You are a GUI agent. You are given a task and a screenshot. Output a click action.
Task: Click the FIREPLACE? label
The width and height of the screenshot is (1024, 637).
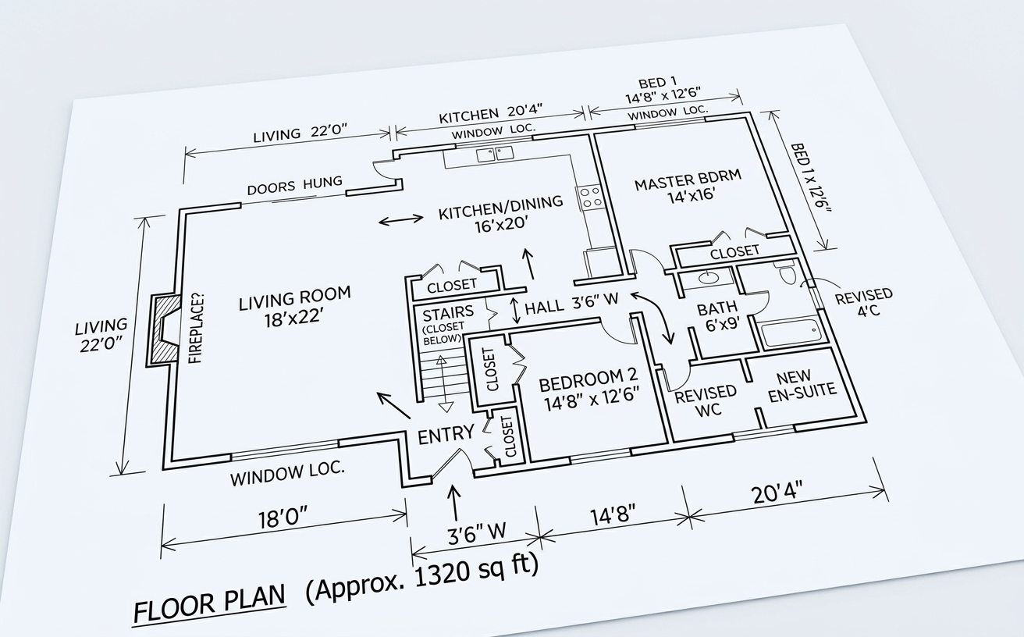pyautogui.click(x=197, y=328)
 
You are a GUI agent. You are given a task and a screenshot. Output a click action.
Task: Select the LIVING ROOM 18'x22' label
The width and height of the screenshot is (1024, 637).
pyautogui.click(x=293, y=306)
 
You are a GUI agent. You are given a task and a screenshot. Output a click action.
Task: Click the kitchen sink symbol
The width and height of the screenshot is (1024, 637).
pyautogui.click(x=494, y=154)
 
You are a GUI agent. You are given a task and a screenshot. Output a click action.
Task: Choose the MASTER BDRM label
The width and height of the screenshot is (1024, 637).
pyautogui.click(x=687, y=188)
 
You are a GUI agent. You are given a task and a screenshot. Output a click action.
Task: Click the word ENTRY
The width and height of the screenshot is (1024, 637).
pyautogui.click(x=446, y=434)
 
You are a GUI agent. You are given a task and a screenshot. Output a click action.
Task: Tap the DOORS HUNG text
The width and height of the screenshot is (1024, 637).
pyautogui.click(x=294, y=186)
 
